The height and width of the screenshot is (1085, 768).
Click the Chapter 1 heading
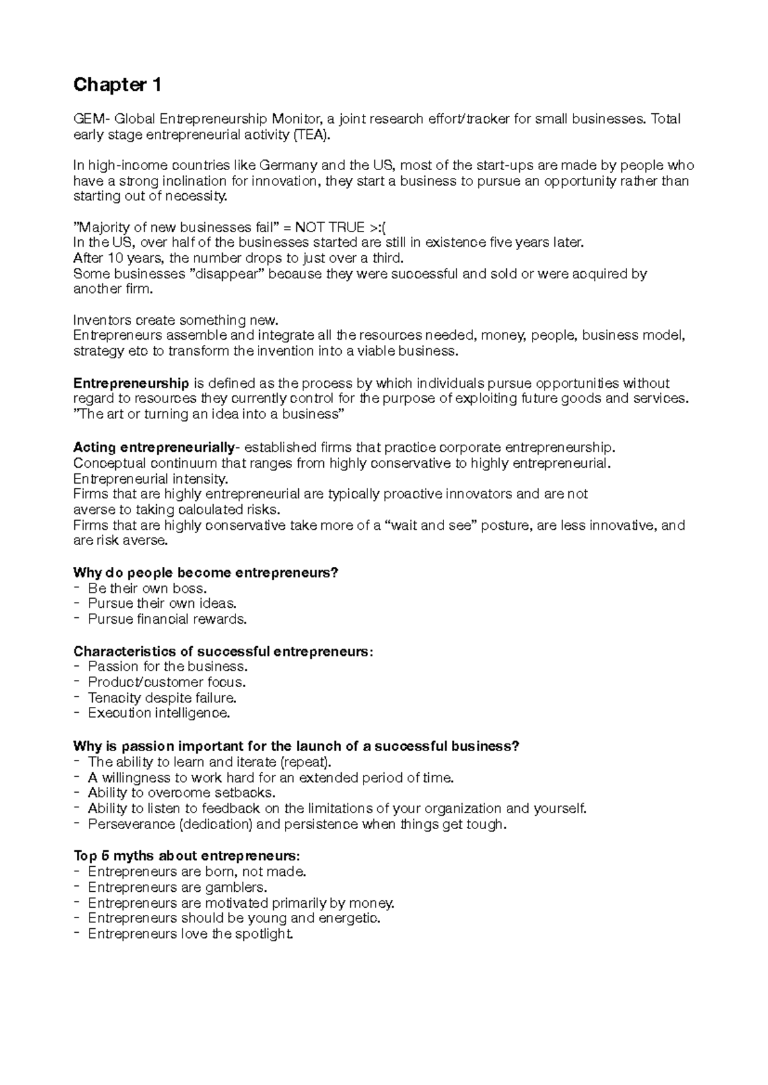pyautogui.click(x=118, y=84)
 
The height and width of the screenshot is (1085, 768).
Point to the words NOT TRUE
pyautogui.click(x=328, y=228)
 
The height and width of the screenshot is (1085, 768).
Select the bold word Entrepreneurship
pyautogui.click(x=131, y=383)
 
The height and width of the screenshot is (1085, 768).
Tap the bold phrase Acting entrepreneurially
pyautogui.click(x=154, y=447)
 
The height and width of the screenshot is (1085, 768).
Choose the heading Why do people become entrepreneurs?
pyautogui.click(x=205, y=573)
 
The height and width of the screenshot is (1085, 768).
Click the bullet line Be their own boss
pyautogui.click(x=147, y=589)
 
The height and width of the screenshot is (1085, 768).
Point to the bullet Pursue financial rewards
pyautogui.click(x=167, y=619)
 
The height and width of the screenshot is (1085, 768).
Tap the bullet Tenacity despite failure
pyautogui.click(x=162, y=698)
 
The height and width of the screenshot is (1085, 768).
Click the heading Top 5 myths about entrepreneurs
pyautogui.click(x=186, y=857)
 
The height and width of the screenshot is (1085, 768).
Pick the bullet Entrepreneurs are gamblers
pyautogui.click(x=177, y=887)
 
